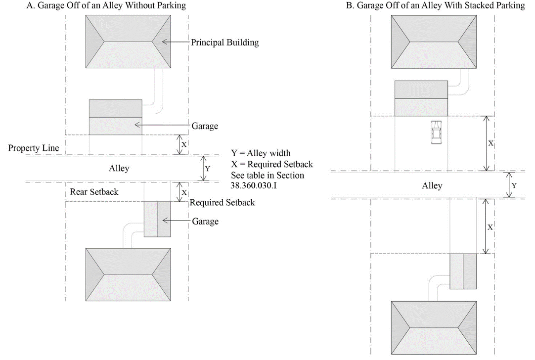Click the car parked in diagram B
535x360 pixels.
pyautogui.click(x=436, y=133)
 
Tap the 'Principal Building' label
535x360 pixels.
pyautogui.click(x=225, y=43)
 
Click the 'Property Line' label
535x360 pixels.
pyautogui.click(x=34, y=148)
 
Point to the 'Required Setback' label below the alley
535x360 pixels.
pyautogui.click(x=223, y=202)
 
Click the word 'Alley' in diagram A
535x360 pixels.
pyautogui.click(x=119, y=168)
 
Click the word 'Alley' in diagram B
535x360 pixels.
pyautogui.click(x=432, y=186)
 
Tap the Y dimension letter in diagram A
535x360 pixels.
pyautogui.click(x=207, y=169)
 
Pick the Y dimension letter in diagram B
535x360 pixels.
pyautogui.click(x=514, y=185)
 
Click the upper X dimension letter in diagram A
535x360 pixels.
pyautogui.click(x=184, y=144)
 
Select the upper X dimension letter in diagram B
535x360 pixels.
pyautogui.click(x=490, y=143)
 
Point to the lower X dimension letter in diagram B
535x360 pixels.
pyautogui.click(x=490, y=227)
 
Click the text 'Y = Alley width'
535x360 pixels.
pyautogui.click(x=261, y=153)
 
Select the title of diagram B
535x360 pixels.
pyautogui.click(x=436, y=6)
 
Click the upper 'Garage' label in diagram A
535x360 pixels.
pyautogui.click(x=205, y=126)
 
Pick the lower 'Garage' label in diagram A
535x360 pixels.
pyautogui.click(x=205, y=221)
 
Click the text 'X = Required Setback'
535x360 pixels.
pyautogui.click(x=272, y=164)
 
